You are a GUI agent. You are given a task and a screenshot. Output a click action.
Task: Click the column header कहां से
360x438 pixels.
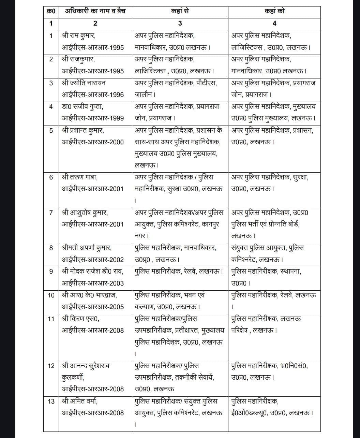pyautogui.click(x=180, y=11)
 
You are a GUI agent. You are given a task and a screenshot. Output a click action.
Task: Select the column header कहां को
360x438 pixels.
pyautogui.click(x=274, y=11)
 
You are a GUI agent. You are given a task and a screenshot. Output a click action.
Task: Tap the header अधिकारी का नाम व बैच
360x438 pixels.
pyautogui.click(x=95, y=11)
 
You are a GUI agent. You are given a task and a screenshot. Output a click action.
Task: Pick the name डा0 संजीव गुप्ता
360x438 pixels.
pyautogui.click(x=82, y=106)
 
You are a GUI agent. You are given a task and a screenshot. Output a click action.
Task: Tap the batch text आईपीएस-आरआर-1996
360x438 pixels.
pyautogui.click(x=93, y=94)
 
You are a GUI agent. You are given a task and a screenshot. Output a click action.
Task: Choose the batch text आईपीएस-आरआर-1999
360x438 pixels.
pyautogui.click(x=93, y=118)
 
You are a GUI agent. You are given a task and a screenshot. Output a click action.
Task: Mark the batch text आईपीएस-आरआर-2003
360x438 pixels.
pyautogui.click(x=93, y=283)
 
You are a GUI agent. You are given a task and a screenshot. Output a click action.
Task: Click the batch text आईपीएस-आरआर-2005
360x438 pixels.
pyautogui.click(x=93, y=307)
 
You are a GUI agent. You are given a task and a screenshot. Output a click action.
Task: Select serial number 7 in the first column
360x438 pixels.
pyautogui.click(x=51, y=213)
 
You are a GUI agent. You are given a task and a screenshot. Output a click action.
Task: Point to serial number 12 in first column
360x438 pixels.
pyautogui.click(x=51, y=366)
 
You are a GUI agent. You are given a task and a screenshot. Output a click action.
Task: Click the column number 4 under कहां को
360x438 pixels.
pyautogui.click(x=274, y=23)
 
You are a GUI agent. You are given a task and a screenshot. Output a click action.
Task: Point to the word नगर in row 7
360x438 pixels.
pyautogui.click(x=140, y=236)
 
